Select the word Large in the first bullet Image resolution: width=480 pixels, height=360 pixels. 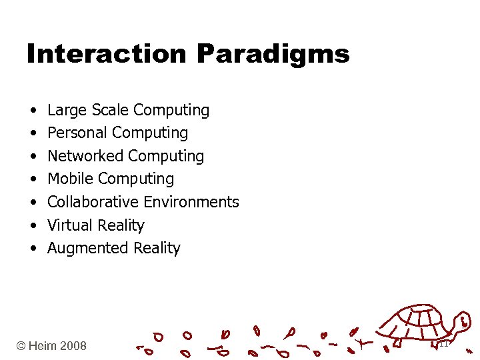click(x=66, y=110)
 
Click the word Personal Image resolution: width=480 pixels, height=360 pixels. click(x=77, y=133)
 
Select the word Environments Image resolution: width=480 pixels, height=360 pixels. click(x=191, y=202)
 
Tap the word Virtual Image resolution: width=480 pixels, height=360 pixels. click(x=69, y=225)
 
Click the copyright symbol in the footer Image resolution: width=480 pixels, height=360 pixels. click(x=21, y=346)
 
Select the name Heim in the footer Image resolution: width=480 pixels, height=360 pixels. click(x=43, y=346)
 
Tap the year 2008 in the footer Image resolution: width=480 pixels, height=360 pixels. click(x=73, y=346)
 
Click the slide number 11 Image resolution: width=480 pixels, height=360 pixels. click(x=443, y=344)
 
